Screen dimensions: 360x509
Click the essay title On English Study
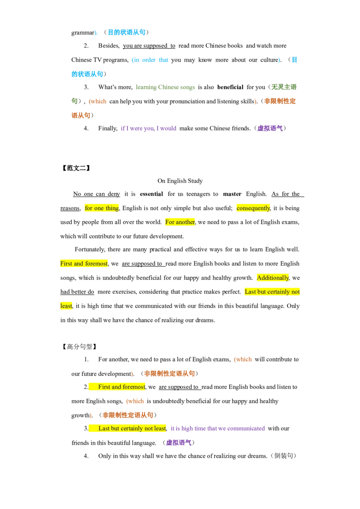(180, 181)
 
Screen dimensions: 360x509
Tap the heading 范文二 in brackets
(76, 168)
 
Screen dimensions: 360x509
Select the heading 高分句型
(79, 347)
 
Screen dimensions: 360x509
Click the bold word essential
(151, 194)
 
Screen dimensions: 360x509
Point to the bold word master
(232, 194)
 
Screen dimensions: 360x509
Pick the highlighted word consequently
(253, 208)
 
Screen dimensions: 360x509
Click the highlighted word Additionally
(273, 277)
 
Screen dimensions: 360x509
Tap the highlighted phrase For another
(180, 222)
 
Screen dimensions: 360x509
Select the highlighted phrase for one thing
(102, 208)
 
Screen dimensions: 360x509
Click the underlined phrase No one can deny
(96, 194)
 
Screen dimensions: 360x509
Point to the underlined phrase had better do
(77, 292)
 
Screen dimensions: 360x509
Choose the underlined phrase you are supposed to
(149, 46)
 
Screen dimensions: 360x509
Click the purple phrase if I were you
(137, 128)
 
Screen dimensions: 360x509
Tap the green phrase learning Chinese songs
(166, 87)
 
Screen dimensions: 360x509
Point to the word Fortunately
(90, 249)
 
